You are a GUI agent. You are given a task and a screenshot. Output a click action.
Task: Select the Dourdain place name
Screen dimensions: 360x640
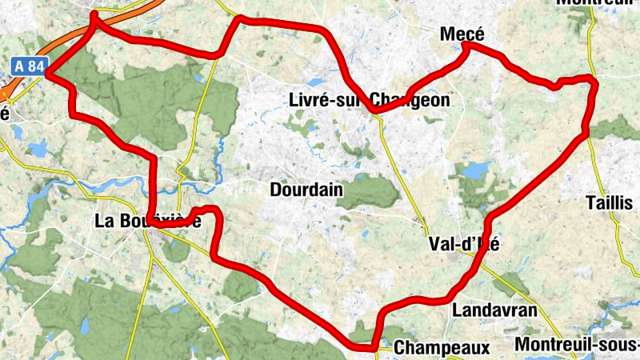tap(306, 190)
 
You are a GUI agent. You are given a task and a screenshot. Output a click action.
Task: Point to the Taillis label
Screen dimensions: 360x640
tap(610, 202)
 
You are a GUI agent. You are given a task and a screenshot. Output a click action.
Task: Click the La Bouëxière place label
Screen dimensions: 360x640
tap(147, 221)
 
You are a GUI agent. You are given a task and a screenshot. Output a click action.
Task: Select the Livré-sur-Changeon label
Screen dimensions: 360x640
tap(369, 100)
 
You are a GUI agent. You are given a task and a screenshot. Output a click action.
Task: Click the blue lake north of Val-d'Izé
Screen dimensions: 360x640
tap(475, 170)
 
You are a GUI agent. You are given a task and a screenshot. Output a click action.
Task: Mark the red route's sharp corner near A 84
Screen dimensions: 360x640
tap(49, 74)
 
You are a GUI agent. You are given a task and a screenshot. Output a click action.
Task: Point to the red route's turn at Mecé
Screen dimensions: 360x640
tap(465, 46)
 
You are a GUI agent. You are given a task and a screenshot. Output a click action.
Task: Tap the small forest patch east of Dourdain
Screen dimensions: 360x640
tap(370, 192)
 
